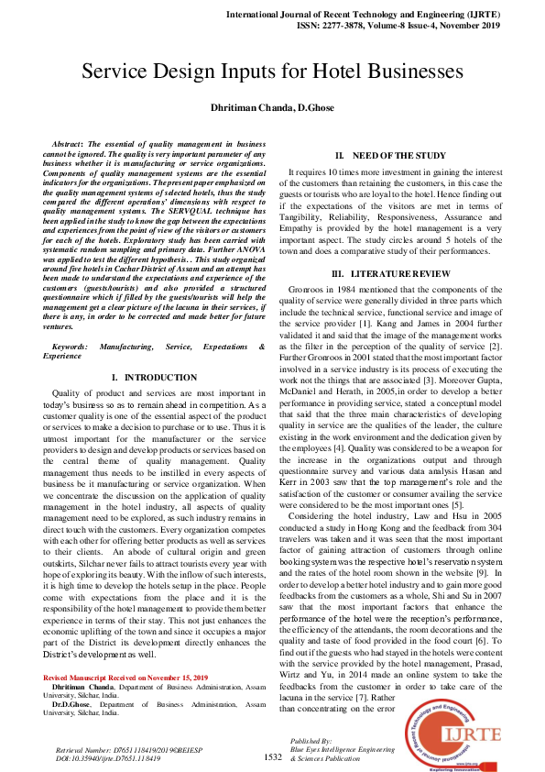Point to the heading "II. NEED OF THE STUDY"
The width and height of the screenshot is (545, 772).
point(390,156)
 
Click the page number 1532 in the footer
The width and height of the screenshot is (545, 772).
point(272,756)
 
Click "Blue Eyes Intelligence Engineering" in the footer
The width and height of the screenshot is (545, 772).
point(343,749)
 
